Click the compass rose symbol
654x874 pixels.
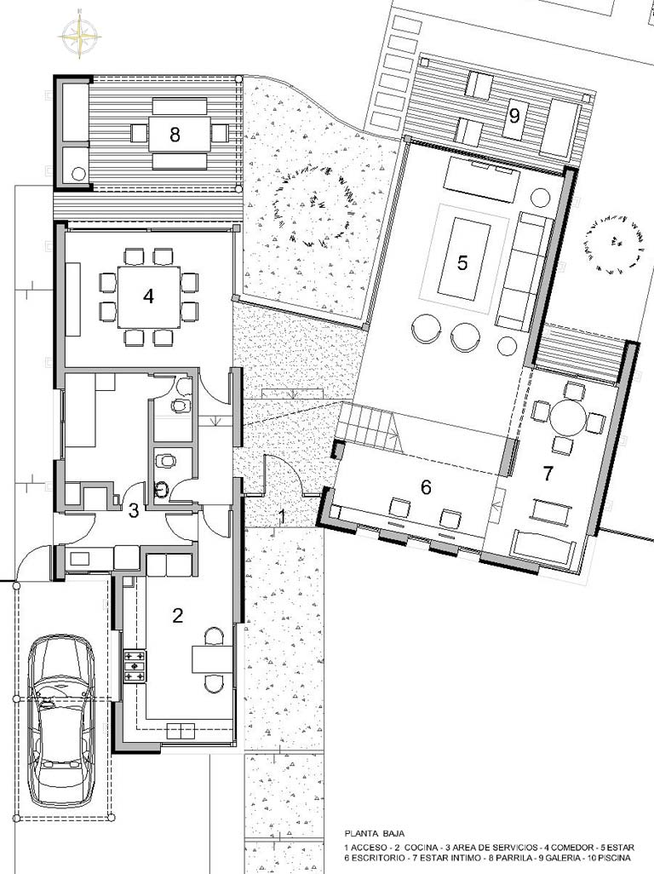pos(81,35)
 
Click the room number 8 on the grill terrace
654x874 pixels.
pos(175,135)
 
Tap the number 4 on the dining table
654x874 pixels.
pos(148,296)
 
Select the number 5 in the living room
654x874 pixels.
pos(462,262)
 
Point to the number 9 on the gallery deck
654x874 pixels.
pos(513,115)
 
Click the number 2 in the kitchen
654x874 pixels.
pos(178,615)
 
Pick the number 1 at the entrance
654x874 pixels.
pos(282,517)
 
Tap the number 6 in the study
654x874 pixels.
pos(426,487)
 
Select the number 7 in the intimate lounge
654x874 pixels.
pos(548,474)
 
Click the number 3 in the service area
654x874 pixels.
pos(134,510)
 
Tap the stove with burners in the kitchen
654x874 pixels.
pos(135,666)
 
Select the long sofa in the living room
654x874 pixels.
pos(523,270)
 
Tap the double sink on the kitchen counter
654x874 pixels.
pos(181,730)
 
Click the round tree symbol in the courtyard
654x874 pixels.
pos(312,207)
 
